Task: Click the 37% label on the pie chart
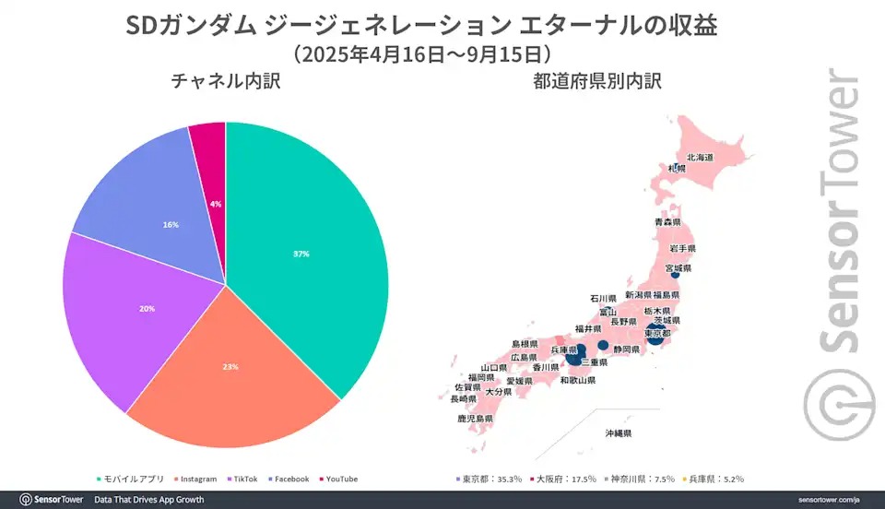(x=301, y=254)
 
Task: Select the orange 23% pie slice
(x=230, y=367)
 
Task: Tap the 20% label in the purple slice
(x=147, y=308)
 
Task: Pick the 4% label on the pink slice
(x=216, y=204)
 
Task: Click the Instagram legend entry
(x=197, y=479)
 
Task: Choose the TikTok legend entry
(x=244, y=479)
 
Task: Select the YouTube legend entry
(x=340, y=479)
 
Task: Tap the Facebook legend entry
(x=290, y=479)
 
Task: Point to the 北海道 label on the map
(x=700, y=159)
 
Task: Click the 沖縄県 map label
(x=618, y=432)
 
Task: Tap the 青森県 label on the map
(x=667, y=222)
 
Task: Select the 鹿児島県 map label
(x=475, y=419)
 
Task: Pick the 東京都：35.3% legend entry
(x=489, y=479)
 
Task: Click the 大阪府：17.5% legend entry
(x=562, y=479)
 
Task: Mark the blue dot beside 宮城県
(x=675, y=274)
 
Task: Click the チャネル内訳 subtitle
(x=225, y=81)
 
